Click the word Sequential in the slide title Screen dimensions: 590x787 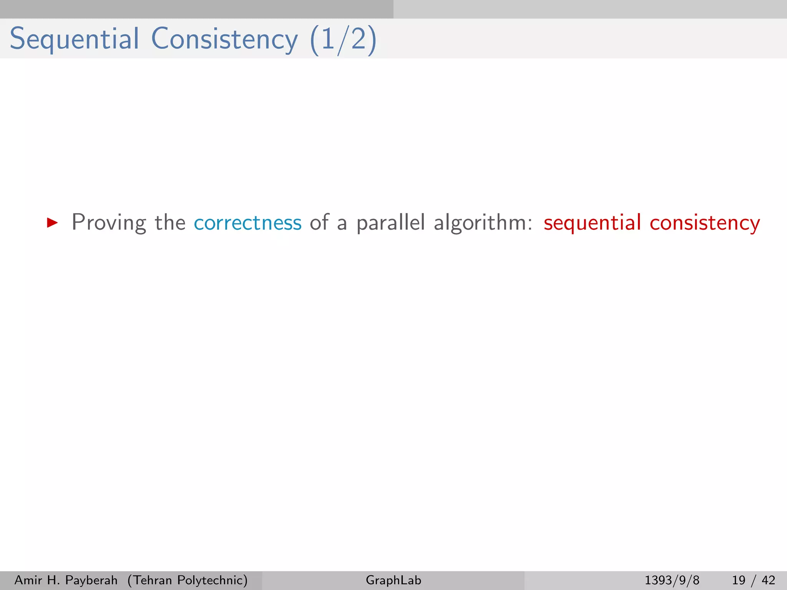tap(74, 39)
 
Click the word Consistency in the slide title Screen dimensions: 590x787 tap(224, 39)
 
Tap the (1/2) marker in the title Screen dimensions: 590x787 tap(343, 40)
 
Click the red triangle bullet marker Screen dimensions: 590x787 tap(52, 222)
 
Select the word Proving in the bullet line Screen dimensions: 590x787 tap(109, 223)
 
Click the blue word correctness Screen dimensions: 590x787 tap(247, 223)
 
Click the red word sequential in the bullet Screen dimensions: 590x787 tap(592, 223)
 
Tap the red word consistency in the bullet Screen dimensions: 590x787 tap(705, 223)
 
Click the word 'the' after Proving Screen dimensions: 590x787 tap(170, 223)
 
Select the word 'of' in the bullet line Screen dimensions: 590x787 tap(319, 223)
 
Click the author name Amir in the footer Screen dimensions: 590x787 tap(28, 580)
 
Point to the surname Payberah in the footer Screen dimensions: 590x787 tap(91, 580)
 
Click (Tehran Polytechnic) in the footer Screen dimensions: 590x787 tap(188, 580)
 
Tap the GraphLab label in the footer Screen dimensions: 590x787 tap(393, 580)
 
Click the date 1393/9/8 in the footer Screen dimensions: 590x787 tap(672, 580)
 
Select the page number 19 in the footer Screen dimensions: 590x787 tap(738, 580)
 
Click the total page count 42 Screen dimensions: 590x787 tap(768, 580)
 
